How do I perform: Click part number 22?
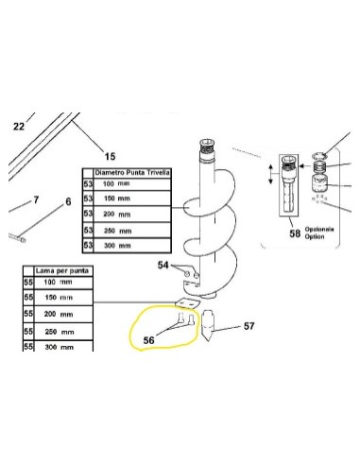pyautogui.click(x=17, y=125)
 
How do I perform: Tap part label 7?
pyautogui.click(x=37, y=200)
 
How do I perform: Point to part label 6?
pyautogui.click(x=67, y=202)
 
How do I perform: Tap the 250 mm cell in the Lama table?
pyautogui.click(x=59, y=332)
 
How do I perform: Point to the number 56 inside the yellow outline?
pyautogui.click(x=148, y=339)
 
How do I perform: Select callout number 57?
pyautogui.click(x=249, y=327)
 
